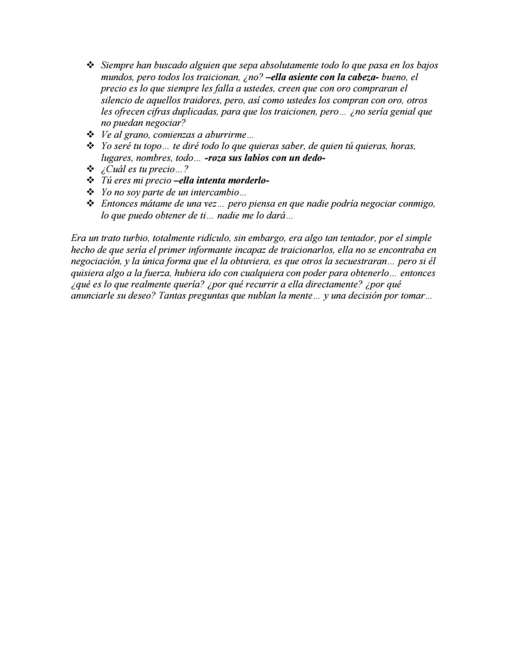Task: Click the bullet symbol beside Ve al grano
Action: pyautogui.click(x=90, y=135)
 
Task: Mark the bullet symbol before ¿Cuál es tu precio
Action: pyautogui.click(x=90, y=169)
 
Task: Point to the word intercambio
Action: pyautogui.click(x=219, y=192)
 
